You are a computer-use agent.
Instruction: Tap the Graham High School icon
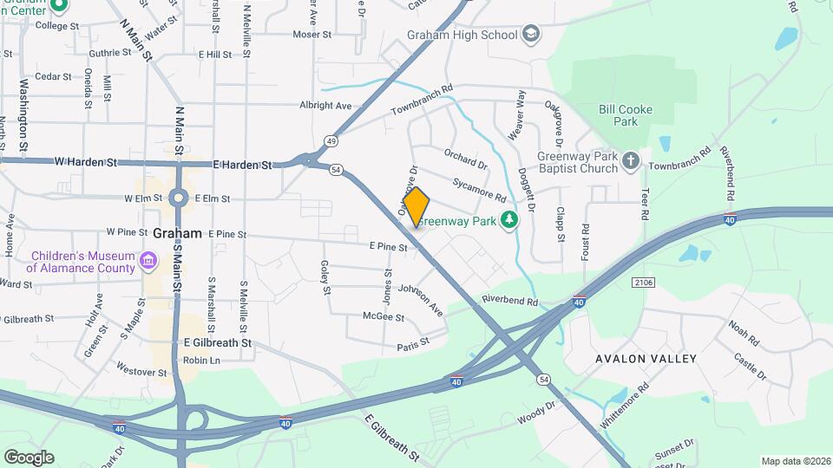(531, 35)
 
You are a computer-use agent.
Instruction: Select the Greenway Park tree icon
(512, 221)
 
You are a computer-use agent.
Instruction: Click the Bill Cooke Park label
(625, 115)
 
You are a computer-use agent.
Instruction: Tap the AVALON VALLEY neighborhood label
(646, 358)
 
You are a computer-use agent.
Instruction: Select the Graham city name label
(177, 233)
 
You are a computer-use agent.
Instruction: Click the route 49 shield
(331, 140)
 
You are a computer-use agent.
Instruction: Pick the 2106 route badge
(643, 282)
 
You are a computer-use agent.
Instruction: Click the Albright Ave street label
(325, 106)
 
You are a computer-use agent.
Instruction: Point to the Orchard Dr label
(465, 159)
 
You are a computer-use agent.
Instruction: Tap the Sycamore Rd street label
(478, 189)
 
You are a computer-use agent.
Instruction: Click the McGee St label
(384, 317)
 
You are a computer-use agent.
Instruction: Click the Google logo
(29, 457)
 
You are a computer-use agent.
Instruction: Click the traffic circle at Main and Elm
(178, 198)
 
